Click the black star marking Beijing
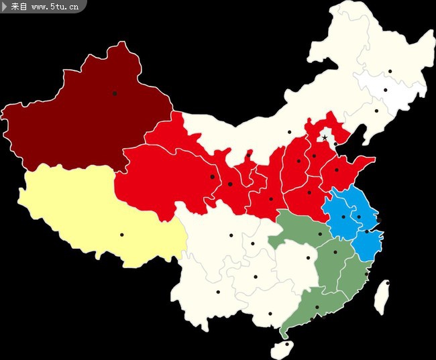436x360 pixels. click(325, 137)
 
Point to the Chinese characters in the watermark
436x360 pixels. click(19, 7)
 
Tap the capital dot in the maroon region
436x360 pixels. click(115, 93)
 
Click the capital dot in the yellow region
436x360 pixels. click(121, 235)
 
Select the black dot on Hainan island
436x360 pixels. click(286, 345)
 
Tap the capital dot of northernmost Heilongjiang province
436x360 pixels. click(390, 71)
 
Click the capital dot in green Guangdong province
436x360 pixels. click(317, 308)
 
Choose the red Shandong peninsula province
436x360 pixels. click(345, 171)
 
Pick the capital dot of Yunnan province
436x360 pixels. click(217, 292)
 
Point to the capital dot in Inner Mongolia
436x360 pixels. click(290, 132)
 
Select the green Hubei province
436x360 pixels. click(302, 231)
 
